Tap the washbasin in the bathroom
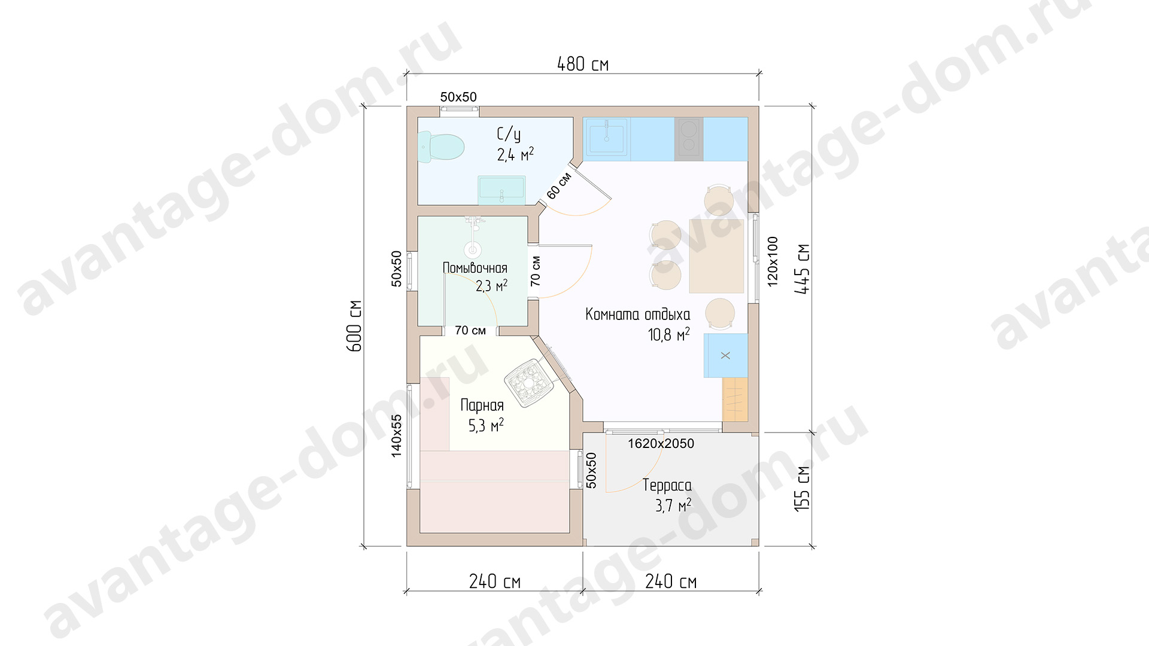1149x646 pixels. click(x=501, y=190)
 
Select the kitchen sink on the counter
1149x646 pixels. click(x=607, y=139)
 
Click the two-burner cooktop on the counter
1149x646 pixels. click(x=689, y=139)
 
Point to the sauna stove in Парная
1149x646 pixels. click(x=529, y=383)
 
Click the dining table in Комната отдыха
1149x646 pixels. click(x=716, y=256)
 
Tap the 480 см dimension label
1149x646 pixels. click(x=583, y=64)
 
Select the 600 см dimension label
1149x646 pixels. click(x=354, y=325)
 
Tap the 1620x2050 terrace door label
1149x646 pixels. click(x=661, y=444)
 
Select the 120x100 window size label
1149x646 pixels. click(x=773, y=261)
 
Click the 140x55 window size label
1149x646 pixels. click(x=396, y=436)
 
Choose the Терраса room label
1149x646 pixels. click(x=667, y=485)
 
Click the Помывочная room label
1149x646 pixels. click(x=475, y=268)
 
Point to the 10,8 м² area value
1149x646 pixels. click(x=668, y=334)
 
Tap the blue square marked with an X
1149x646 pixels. click(x=725, y=355)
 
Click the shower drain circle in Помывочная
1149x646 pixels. click(x=473, y=249)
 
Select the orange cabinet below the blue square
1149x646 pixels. click(x=735, y=400)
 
